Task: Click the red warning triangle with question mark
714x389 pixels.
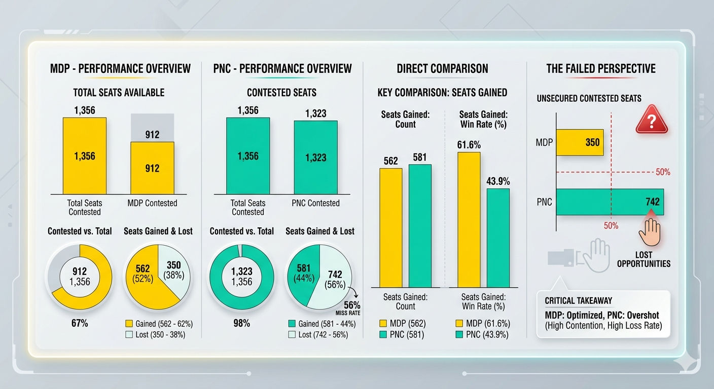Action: [x=651, y=120]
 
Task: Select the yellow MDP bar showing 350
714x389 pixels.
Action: [x=580, y=142]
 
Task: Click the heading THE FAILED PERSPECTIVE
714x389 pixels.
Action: [x=600, y=68]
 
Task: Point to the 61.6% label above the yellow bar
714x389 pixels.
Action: [x=469, y=145]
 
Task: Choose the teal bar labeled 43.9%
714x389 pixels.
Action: [x=498, y=238]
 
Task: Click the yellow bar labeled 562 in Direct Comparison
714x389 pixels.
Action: [x=390, y=228]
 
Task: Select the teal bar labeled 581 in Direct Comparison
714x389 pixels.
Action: [x=420, y=226]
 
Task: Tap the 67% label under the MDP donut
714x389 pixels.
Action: [x=79, y=323]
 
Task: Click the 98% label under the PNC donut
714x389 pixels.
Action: [x=241, y=323]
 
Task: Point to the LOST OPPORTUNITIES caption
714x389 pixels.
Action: [x=644, y=259]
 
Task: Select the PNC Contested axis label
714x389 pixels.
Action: [x=315, y=203]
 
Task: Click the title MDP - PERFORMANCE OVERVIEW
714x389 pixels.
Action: [x=120, y=68]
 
